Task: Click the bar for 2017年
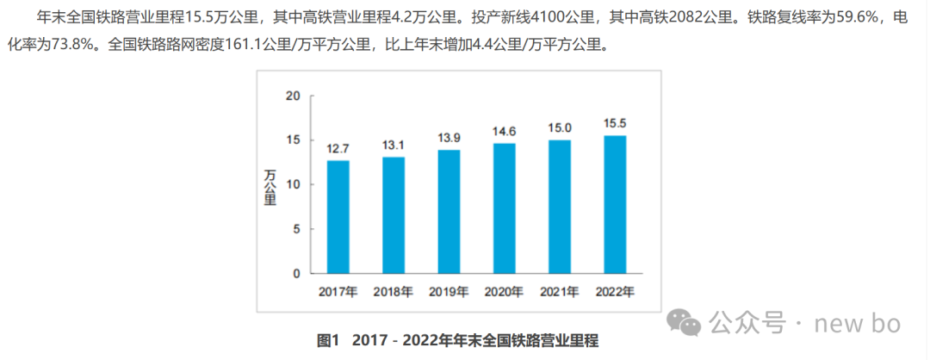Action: tap(338, 216)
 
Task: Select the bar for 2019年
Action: tap(449, 211)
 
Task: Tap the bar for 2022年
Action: tap(615, 204)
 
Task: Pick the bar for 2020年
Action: tap(505, 208)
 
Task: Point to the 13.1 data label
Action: tap(394, 146)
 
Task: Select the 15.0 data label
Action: tap(560, 128)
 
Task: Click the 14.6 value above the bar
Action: tap(505, 132)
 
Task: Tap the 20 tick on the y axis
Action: tap(293, 95)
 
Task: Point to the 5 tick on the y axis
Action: tap(296, 229)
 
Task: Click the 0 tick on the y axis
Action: tap(296, 274)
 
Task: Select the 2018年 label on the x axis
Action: tap(394, 291)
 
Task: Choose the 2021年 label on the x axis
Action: tap(560, 291)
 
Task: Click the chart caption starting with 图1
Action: tap(457, 340)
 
